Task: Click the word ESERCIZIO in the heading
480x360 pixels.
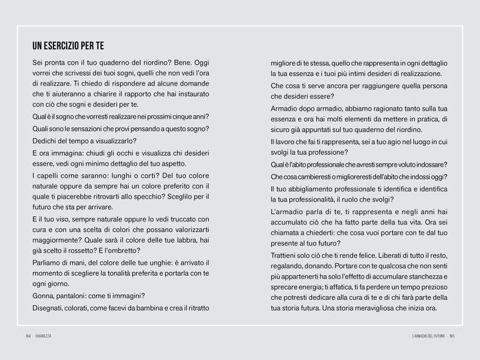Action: tap(69, 46)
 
